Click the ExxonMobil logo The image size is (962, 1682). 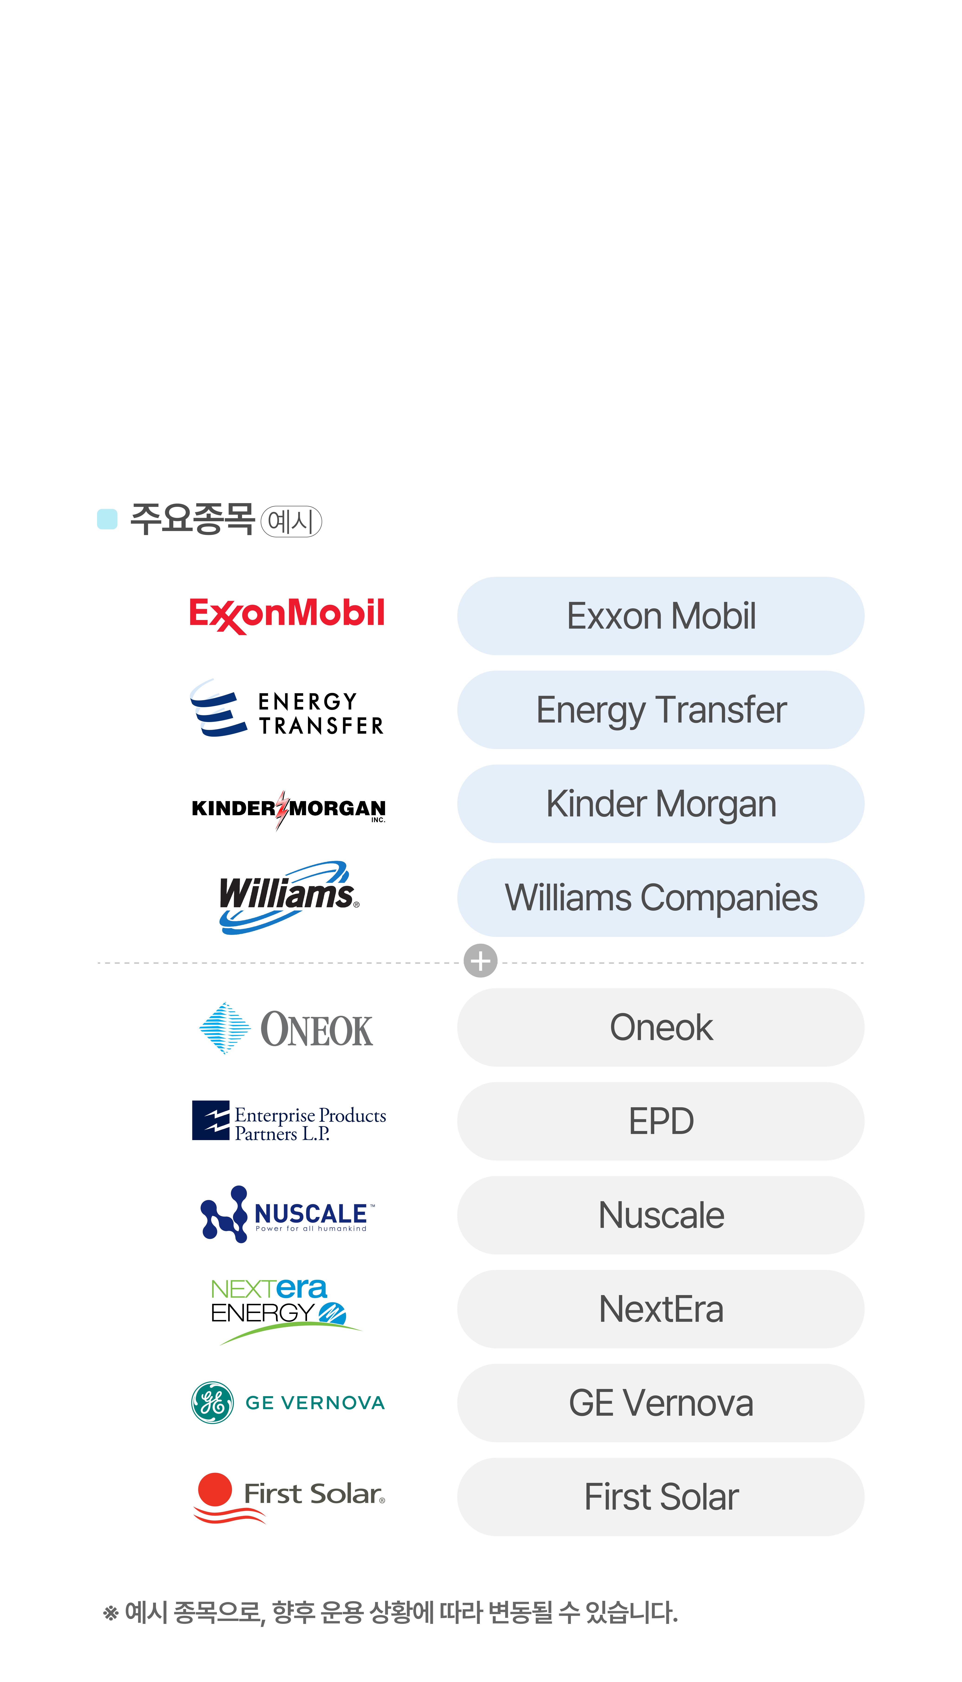(x=287, y=615)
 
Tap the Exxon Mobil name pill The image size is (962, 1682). (x=661, y=616)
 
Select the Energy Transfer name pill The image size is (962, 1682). (x=661, y=710)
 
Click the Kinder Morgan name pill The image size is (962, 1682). (x=661, y=804)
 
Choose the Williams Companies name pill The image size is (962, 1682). (x=661, y=897)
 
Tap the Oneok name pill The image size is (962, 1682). (x=661, y=1027)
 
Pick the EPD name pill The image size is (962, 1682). (x=661, y=1121)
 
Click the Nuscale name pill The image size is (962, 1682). (x=661, y=1215)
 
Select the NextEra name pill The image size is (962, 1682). (x=661, y=1309)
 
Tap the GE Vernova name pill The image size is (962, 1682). (x=661, y=1402)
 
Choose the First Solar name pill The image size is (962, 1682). (x=661, y=1496)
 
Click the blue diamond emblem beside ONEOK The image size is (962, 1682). (x=225, y=1028)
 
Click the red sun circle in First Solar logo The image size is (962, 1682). (x=215, y=1489)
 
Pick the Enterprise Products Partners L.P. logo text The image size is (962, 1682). (x=309, y=1124)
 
